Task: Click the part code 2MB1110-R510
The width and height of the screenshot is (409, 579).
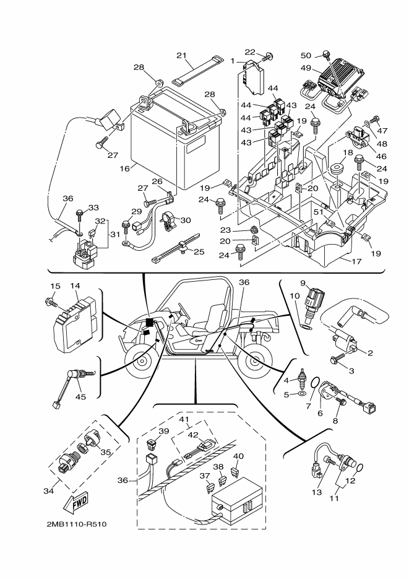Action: (x=76, y=525)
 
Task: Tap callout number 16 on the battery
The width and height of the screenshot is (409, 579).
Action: (x=124, y=168)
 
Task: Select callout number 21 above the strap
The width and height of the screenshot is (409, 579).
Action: (x=181, y=56)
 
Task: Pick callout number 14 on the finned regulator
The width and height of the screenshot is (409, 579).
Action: (x=75, y=285)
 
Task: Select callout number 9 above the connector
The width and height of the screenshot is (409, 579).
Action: (x=304, y=283)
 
